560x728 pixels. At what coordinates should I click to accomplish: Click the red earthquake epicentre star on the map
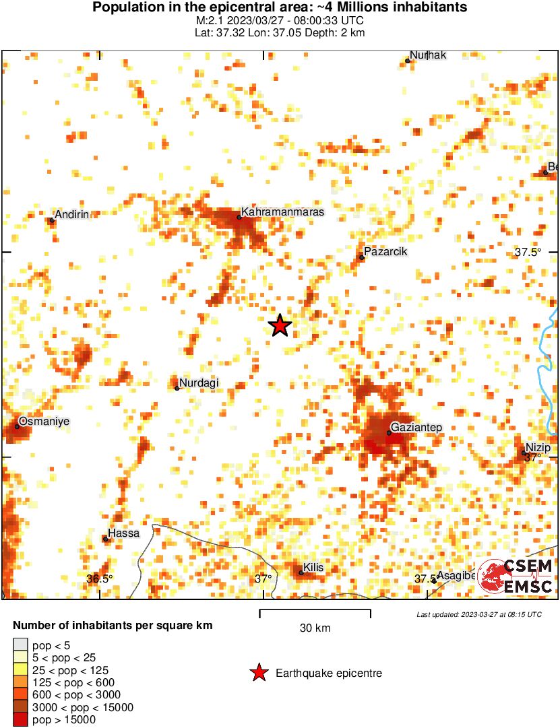point(280,325)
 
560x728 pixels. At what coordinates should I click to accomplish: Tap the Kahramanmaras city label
point(282,212)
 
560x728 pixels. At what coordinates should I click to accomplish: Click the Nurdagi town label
point(199,383)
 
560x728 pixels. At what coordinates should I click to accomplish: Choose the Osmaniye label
point(44,422)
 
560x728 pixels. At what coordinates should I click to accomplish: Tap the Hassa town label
point(123,533)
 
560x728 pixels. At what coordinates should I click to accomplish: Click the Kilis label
point(313,568)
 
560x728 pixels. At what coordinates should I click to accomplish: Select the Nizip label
point(538,449)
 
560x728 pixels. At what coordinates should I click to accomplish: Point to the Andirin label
point(71,215)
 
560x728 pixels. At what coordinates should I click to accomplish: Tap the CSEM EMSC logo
point(516,576)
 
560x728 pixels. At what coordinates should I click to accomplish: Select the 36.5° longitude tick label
point(100,578)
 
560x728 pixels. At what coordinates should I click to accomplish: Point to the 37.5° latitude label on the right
point(528,253)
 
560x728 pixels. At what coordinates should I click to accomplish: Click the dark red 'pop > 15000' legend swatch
point(21,720)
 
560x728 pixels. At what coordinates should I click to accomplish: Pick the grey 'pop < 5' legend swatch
point(21,644)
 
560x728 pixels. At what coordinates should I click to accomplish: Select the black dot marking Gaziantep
point(389,432)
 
